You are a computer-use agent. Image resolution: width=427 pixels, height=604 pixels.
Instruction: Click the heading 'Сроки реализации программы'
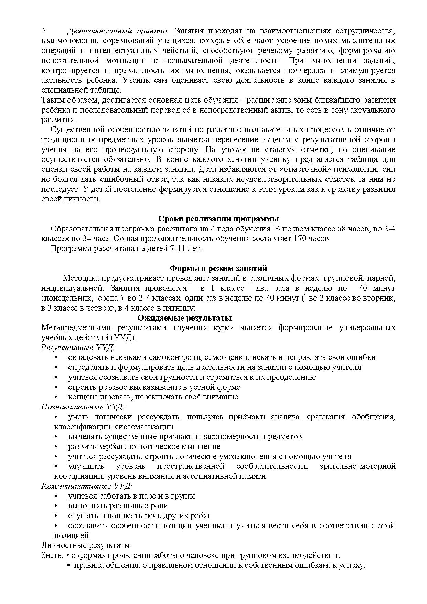click(218, 219)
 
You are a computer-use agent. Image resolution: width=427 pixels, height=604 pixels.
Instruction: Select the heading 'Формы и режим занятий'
click(218, 268)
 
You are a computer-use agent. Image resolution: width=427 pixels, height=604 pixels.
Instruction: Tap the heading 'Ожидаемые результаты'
click(184, 317)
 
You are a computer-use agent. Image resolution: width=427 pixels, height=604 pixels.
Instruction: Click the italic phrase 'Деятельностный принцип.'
click(117, 31)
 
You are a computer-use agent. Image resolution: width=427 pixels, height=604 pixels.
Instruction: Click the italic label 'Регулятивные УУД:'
click(78, 347)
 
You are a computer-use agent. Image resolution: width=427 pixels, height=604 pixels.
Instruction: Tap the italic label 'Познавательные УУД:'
click(83, 407)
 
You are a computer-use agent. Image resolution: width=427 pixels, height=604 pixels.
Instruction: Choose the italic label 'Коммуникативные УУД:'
click(87, 486)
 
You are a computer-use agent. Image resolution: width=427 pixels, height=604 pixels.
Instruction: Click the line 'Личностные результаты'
click(85, 545)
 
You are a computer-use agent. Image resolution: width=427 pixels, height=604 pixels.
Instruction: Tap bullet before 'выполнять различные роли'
click(56, 506)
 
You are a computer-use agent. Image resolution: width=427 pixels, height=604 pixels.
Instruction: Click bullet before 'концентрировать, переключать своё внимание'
click(56, 397)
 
